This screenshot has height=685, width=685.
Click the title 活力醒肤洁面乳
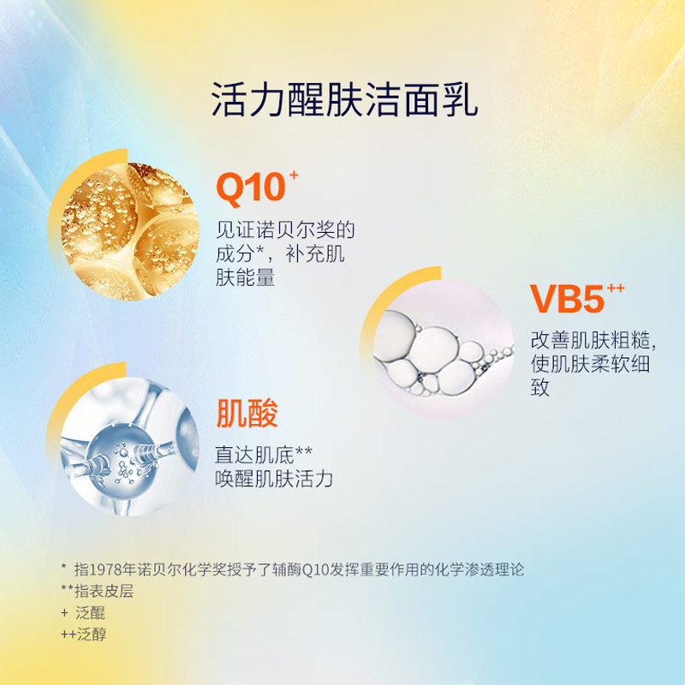[x=344, y=99]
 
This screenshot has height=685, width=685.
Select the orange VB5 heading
[x=567, y=299]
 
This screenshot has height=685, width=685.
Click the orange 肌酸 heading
[x=247, y=414]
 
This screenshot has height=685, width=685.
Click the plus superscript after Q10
[x=294, y=176]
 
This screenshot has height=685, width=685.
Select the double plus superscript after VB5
[x=616, y=288]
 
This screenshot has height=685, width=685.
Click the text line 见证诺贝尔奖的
[x=285, y=229]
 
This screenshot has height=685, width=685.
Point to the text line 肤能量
[x=245, y=277]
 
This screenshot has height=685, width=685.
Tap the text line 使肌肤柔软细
[x=590, y=364]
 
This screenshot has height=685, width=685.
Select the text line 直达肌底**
[x=264, y=455]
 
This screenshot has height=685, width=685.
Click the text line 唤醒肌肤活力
[x=274, y=479]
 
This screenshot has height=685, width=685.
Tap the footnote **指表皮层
[x=97, y=591]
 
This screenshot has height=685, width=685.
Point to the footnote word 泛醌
[x=91, y=613]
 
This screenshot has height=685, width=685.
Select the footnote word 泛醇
[x=92, y=634]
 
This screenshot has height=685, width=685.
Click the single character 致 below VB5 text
[x=540, y=388]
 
